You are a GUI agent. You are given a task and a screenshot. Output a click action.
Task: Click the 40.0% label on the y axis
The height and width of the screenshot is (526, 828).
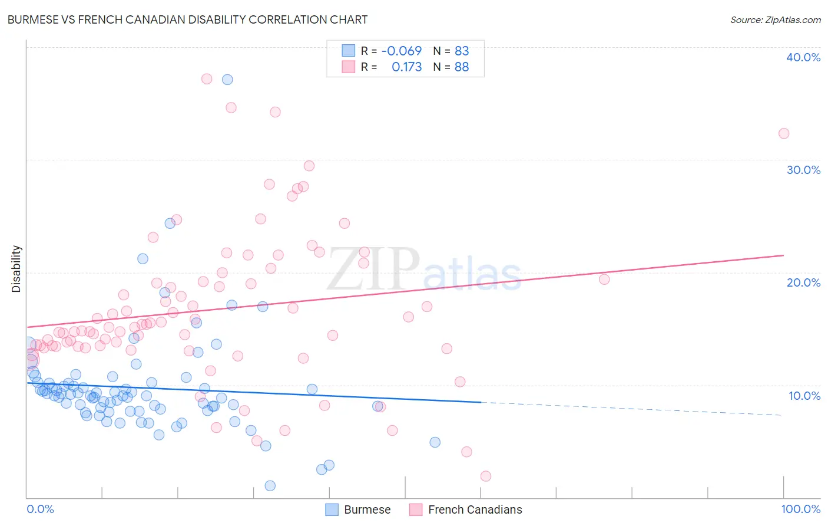pos(803,57)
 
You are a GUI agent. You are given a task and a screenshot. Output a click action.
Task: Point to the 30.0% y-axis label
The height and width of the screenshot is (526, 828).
pos(803,170)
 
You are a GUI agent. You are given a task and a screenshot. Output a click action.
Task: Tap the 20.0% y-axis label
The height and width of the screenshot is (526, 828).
pos(803,282)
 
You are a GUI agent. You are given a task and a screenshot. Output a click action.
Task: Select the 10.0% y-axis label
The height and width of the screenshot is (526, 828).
pos(804,396)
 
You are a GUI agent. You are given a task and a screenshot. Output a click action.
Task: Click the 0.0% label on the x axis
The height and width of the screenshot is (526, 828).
pos(40,509)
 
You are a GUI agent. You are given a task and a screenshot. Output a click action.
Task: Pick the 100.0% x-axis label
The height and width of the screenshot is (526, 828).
pos(800,509)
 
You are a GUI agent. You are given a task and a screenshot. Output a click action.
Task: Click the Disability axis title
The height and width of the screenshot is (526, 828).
pos(16,269)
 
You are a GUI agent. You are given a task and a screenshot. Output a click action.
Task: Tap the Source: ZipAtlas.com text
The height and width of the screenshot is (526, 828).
pos(775,19)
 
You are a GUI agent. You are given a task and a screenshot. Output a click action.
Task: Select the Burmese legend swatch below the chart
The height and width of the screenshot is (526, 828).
pos(332,509)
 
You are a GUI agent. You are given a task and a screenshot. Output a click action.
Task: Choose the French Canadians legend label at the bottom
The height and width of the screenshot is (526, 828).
pos(475,509)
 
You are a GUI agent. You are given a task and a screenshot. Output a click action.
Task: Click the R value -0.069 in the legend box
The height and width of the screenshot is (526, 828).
pos(402,51)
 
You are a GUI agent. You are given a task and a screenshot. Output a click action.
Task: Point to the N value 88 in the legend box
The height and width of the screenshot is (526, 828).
pos(462,67)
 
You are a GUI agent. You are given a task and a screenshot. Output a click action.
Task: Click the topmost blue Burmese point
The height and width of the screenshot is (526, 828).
pos(227,80)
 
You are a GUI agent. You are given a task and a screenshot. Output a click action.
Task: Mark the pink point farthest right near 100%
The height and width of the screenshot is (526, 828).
pos(784,133)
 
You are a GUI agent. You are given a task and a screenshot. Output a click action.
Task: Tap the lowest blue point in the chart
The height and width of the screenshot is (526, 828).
pos(270,486)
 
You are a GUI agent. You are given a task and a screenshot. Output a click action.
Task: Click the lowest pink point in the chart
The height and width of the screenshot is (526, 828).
pos(486,476)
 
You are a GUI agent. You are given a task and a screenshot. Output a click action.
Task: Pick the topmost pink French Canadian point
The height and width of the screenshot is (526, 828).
pos(207,79)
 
